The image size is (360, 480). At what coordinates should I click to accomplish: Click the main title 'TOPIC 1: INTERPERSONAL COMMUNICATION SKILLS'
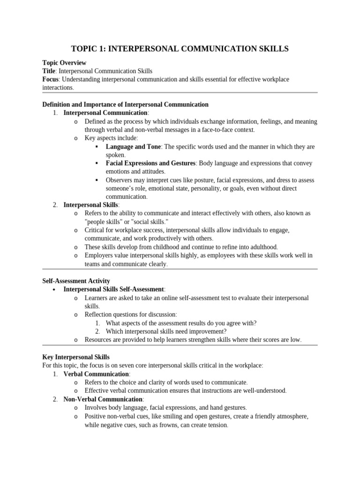[x=180, y=48]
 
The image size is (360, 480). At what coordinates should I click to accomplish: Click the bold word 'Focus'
[x=50, y=79]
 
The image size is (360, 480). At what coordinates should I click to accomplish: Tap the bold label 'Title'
[x=49, y=71]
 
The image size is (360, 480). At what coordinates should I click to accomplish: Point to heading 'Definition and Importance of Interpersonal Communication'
[x=125, y=104]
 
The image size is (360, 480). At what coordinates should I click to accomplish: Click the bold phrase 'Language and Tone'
[x=133, y=147]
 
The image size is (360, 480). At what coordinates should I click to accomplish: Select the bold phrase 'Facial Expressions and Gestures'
[x=150, y=163]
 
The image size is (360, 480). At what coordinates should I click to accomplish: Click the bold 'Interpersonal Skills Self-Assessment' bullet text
[x=113, y=289]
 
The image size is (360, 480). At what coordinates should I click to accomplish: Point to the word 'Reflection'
[x=99, y=314]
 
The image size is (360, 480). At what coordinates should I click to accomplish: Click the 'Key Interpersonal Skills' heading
[x=76, y=357]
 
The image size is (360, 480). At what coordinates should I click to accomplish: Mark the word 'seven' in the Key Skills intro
[x=130, y=365]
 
